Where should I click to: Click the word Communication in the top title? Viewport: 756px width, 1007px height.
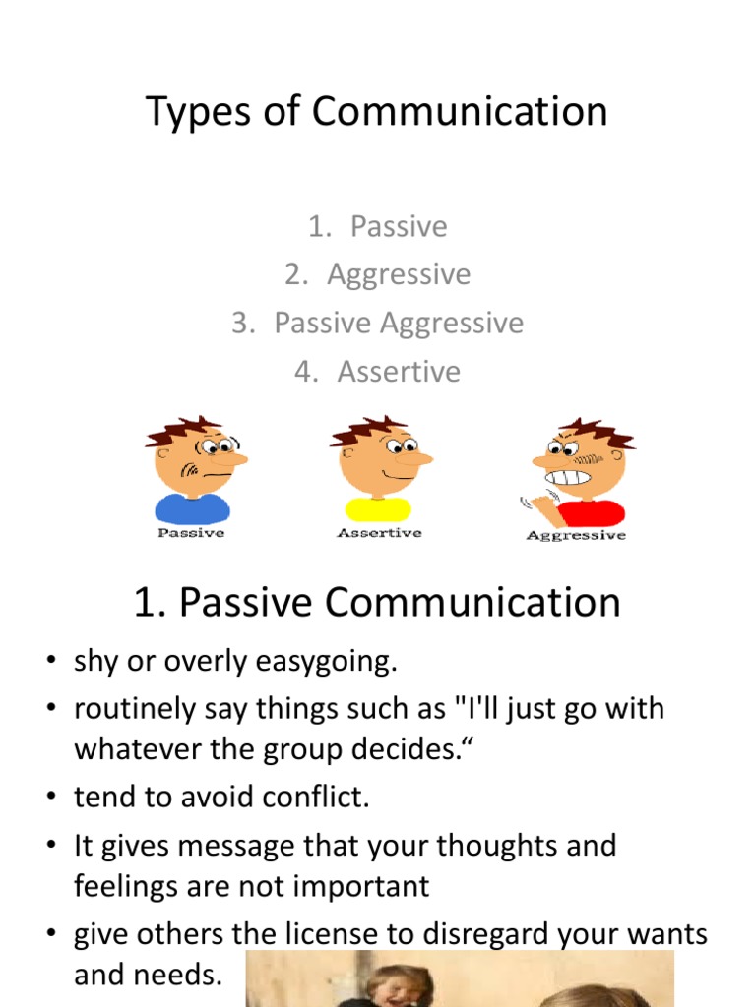[x=460, y=112]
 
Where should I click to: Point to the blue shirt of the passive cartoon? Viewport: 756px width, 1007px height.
[x=193, y=508]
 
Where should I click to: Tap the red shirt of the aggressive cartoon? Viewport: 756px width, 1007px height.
[x=590, y=511]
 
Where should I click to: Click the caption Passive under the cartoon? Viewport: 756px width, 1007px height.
[x=192, y=533]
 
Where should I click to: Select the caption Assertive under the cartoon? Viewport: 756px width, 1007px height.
[x=379, y=533]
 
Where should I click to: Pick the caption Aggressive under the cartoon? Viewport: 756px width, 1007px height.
[x=576, y=535]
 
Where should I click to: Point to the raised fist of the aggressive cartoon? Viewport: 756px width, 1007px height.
[x=541, y=506]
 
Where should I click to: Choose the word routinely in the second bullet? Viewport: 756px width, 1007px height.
[x=134, y=709]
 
